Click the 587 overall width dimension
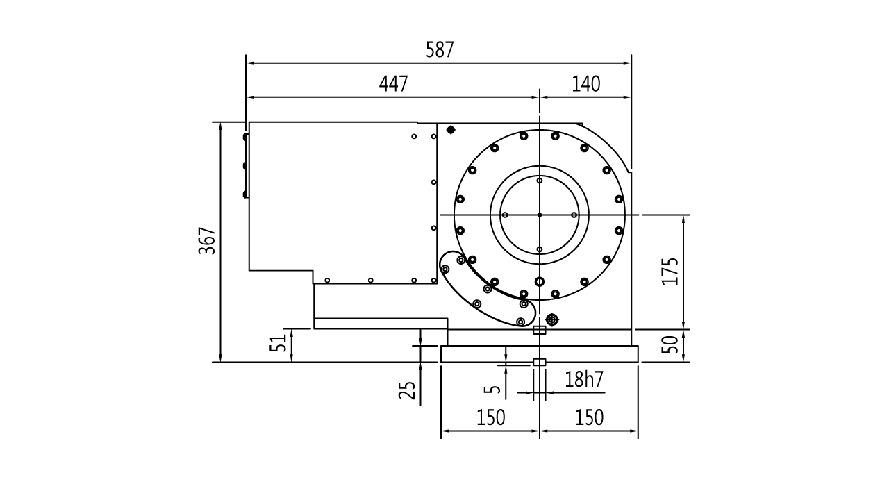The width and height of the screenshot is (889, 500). point(440,50)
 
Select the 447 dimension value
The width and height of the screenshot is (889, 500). point(393,84)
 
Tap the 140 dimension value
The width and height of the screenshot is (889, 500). point(585,84)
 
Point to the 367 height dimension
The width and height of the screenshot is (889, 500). point(207,240)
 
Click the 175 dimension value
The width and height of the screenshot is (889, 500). point(670,271)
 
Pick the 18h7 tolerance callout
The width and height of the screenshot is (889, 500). point(584,379)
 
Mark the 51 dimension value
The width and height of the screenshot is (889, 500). point(278,343)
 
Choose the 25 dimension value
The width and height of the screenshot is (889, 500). point(407,390)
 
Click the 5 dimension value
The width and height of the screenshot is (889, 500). point(492,388)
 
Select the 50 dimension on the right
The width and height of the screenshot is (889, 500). point(670,344)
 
